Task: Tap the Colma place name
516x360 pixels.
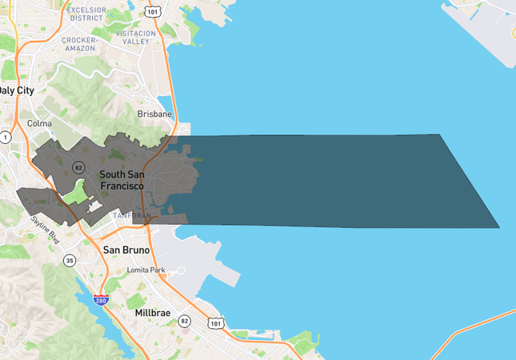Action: point(39,124)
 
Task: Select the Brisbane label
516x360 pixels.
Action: point(154,114)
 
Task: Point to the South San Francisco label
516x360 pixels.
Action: point(122,179)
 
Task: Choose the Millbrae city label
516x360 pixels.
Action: point(153,313)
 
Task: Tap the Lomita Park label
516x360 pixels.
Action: point(146,270)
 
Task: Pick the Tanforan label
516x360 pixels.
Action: point(131,216)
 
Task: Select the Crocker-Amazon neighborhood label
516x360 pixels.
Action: point(79,44)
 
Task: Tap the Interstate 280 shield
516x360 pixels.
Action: point(100,300)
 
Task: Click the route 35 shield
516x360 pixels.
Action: point(70,261)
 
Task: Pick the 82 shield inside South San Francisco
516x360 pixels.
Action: point(78,167)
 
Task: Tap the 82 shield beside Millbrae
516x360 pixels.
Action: point(185,321)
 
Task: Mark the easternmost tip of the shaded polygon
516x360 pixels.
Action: point(499,228)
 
